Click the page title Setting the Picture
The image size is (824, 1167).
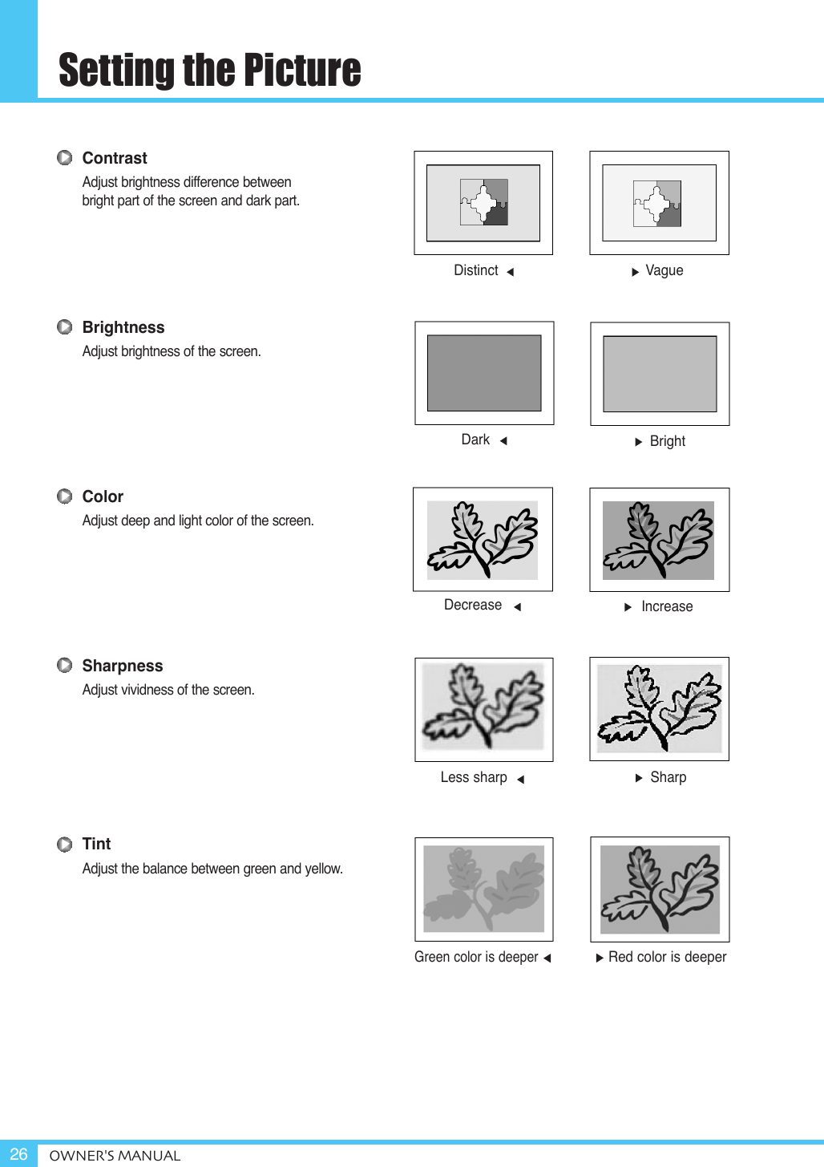click(x=209, y=70)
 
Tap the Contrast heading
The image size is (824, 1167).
click(x=115, y=158)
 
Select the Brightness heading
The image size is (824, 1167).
click(x=123, y=327)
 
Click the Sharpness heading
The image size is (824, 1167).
click(x=122, y=666)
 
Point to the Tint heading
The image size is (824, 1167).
click(x=96, y=844)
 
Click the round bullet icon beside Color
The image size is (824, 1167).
click(x=65, y=496)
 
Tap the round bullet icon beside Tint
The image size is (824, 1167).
click(x=65, y=845)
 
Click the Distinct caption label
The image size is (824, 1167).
click(x=476, y=271)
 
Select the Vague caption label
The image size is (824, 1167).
click(x=664, y=271)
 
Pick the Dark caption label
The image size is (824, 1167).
click(x=475, y=440)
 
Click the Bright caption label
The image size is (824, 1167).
click(x=667, y=441)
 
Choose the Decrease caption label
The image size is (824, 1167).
click(x=473, y=605)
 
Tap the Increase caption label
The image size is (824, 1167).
click(x=667, y=606)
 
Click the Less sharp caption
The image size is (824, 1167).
click(x=474, y=777)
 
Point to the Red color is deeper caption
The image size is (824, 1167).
click(x=667, y=957)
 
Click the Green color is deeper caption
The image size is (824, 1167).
click(x=476, y=957)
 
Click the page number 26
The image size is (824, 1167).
click(x=18, y=1154)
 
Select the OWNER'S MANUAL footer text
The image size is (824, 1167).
click(x=115, y=1156)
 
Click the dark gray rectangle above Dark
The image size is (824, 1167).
click(x=484, y=373)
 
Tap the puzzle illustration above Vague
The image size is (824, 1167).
click(x=658, y=203)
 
